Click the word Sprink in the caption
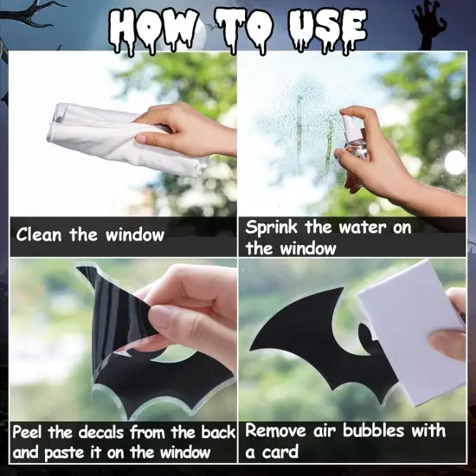(272, 228)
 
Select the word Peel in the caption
(31, 431)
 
